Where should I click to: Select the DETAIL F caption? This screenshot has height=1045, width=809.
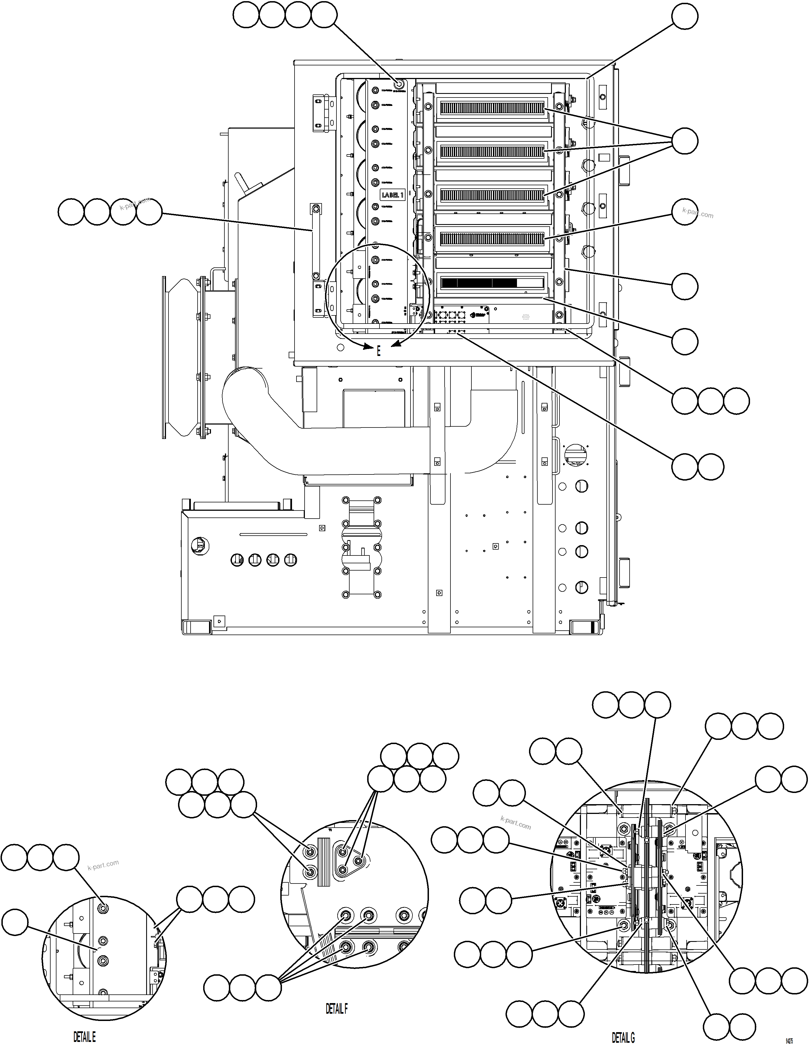point(336,1009)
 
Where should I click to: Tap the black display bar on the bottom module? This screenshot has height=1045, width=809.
point(478,283)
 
